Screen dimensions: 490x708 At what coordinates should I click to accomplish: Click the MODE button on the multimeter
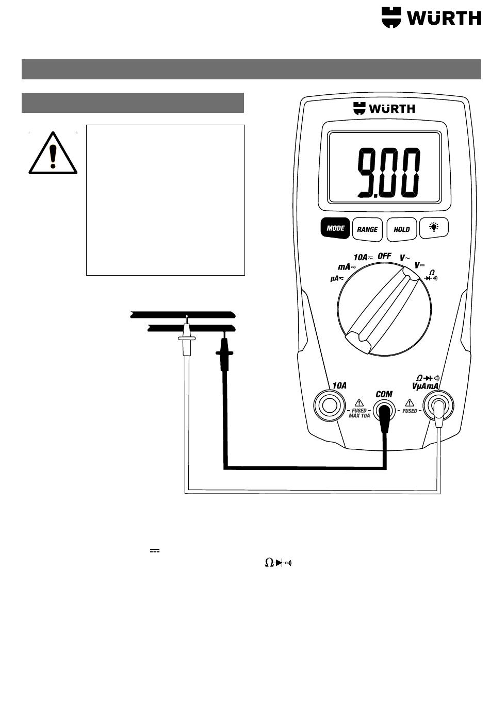335,228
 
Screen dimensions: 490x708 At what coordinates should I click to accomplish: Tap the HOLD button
401,229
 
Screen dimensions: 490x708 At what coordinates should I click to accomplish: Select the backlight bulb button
433,227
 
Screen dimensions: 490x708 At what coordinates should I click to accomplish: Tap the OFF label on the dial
384,256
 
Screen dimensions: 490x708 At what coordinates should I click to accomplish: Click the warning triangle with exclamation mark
53,154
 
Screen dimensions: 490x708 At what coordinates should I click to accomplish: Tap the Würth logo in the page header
431,18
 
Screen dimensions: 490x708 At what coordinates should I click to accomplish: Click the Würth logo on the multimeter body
384,109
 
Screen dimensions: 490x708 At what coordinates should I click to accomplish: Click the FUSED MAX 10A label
359,413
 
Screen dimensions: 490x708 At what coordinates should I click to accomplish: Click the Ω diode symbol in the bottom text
278,563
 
